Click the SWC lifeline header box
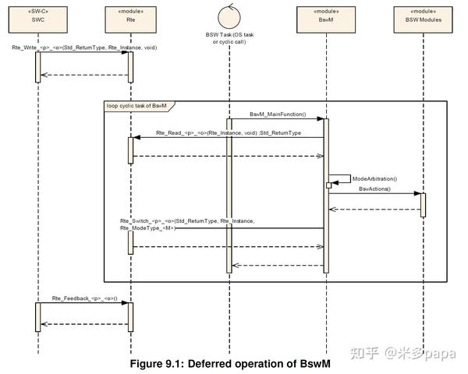[38, 19]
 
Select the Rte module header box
[131, 19]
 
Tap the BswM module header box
[326, 19]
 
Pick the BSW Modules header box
[424, 19]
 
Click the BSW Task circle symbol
[229, 17]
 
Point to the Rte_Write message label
[84, 48]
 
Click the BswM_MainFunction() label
[278, 115]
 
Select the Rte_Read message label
[229, 132]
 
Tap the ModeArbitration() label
[374, 178]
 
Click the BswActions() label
[374, 189]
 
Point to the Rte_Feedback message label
[85, 298]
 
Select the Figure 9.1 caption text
[230, 364]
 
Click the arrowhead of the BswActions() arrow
[417, 193]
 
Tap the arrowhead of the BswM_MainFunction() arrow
[321, 118]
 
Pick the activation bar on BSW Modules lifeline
[423, 205]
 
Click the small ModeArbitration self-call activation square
[328, 185]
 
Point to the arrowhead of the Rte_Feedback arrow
[125, 303]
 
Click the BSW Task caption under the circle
[229, 38]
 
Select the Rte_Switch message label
[187, 224]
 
